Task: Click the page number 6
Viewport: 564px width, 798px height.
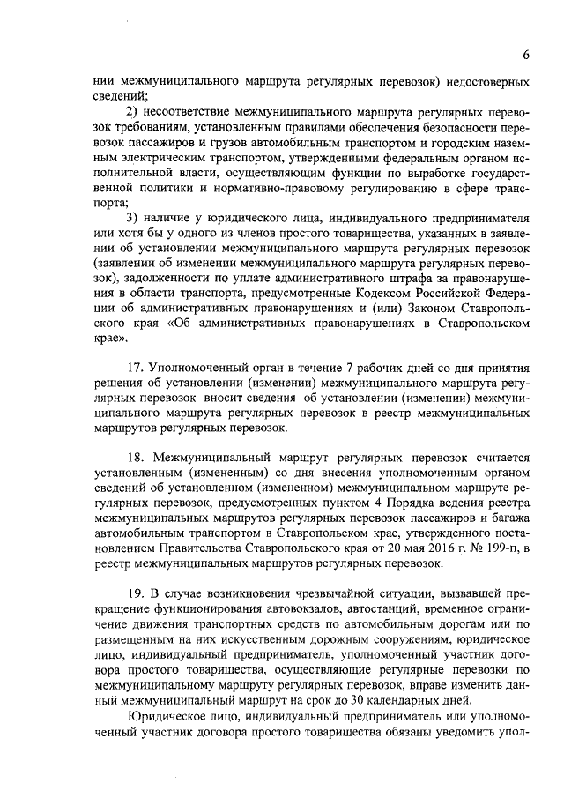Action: (524, 55)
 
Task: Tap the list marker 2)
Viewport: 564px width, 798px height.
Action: (133, 112)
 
